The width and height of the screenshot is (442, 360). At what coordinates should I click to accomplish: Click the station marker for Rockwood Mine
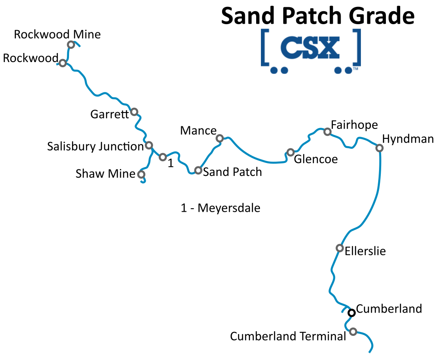(71, 45)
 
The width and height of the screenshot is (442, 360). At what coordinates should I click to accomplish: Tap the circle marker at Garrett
(134, 112)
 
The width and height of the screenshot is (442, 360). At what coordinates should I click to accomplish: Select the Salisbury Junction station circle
(149, 145)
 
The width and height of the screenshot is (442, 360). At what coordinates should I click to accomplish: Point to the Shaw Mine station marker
(141, 175)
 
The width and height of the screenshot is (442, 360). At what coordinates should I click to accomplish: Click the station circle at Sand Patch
(198, 170)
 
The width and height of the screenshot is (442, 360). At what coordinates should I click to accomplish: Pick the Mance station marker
(219, 138)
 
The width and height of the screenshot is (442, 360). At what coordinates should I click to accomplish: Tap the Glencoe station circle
(291, 152)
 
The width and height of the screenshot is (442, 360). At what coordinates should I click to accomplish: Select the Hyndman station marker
(379, 148)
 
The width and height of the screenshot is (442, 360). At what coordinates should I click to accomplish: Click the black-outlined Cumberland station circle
(352, 312)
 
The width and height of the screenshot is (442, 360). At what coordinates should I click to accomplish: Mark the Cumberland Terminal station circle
(353, 332)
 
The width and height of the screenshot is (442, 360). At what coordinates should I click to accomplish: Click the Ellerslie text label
(365, 251)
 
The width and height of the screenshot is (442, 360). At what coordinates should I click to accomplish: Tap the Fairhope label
(354, 125)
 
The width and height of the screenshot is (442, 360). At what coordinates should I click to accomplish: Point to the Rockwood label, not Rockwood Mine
(30, 58)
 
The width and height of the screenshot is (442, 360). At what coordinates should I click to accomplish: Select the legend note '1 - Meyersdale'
(221, 208)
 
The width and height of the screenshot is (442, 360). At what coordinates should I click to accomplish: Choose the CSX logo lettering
(310, 48)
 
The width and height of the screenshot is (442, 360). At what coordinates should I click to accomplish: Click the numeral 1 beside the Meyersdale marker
(171, 163)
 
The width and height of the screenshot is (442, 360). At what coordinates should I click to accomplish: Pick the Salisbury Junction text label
(95, 147)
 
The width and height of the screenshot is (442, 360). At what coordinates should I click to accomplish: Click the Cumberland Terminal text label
(288, 336)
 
